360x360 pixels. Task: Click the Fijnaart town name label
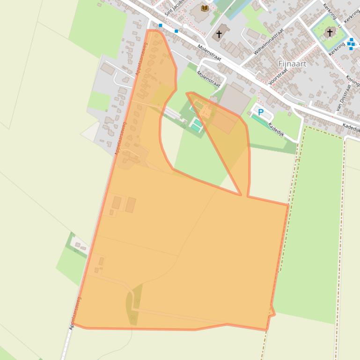pos(292,64)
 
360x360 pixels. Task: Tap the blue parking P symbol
pos(261,112)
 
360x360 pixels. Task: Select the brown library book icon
pos(205,8)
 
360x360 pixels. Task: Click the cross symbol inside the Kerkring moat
pos(330,32)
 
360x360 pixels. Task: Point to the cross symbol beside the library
pos(219,34)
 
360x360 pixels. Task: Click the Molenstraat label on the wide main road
pos(209,53)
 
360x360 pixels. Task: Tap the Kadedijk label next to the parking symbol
pos(276,128)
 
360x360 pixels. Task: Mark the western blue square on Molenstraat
pos(161,25)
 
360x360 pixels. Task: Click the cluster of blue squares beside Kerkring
pos(351,44)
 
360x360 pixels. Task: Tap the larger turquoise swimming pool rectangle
pos(196,125)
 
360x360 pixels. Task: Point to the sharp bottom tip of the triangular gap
pos(241,195)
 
